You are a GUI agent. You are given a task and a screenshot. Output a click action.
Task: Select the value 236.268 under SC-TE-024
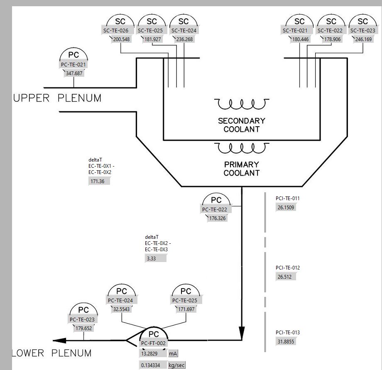184,39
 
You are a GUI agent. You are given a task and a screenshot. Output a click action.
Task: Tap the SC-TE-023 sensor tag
362,31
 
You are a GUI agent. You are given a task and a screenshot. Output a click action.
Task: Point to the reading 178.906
331,39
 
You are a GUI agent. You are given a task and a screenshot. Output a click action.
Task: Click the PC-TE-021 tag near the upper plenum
73,65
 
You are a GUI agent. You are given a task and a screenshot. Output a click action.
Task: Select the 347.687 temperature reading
74,74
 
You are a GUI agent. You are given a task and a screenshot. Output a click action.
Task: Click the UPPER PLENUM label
57,98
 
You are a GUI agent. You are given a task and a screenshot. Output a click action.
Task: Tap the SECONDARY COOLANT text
241,125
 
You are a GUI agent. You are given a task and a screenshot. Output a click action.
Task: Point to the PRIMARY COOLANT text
241,169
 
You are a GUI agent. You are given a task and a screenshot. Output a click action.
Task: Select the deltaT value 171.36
99,181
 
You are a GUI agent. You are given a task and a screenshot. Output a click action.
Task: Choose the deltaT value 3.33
155,258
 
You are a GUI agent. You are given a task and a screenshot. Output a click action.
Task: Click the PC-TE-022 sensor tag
216,210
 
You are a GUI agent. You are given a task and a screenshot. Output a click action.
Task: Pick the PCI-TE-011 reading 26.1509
286,207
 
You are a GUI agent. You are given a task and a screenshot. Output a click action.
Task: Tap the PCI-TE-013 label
287,333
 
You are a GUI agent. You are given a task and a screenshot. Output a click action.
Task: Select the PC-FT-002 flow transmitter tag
153,343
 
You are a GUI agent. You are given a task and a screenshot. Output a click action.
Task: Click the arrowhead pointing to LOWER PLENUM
60,341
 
